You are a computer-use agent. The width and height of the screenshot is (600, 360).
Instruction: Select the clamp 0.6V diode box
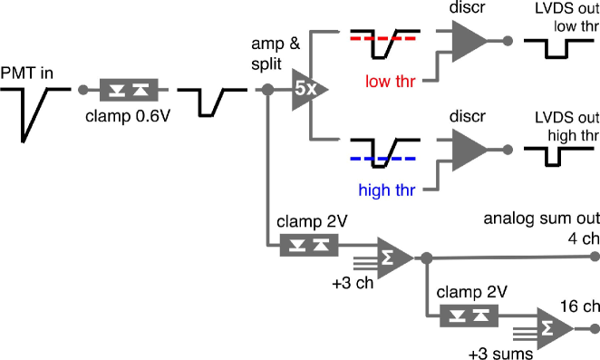[x=129, y=91]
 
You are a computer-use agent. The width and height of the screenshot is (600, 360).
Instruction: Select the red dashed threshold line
[x=383, y=40]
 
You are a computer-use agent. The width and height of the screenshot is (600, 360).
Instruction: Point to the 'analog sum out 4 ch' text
[x=541, y=227]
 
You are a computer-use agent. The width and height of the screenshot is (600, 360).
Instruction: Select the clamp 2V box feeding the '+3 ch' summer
[x=309, y=245]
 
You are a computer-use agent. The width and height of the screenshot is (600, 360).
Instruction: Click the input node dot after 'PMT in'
[x=82, y=91]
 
